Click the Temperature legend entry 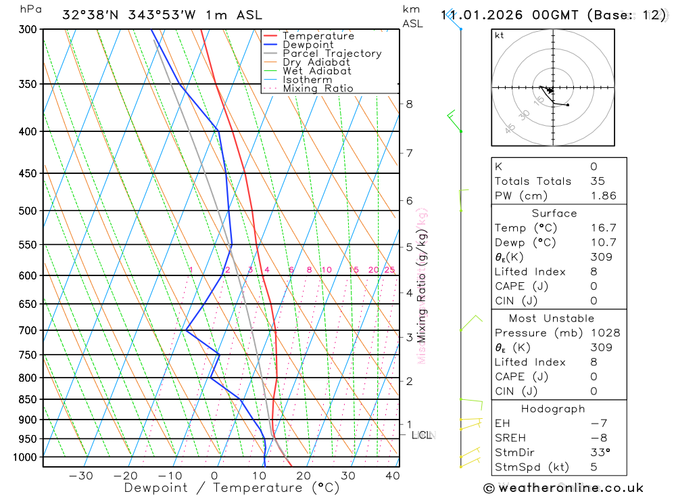pos(318,36)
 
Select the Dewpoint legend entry pos(308,45)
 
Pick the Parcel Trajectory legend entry pos(332,53)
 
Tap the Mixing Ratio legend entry pos(318,89)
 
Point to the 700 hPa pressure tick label pos(28,330)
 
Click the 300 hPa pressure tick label pos(28,30)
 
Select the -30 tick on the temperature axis pos(80,476)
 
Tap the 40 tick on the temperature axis pos(392,476)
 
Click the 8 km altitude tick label pos(409,104)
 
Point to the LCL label pos(421,435)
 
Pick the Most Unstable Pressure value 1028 pos(604,333)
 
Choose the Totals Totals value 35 pos(597,181)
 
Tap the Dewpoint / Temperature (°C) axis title pos(232,488)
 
